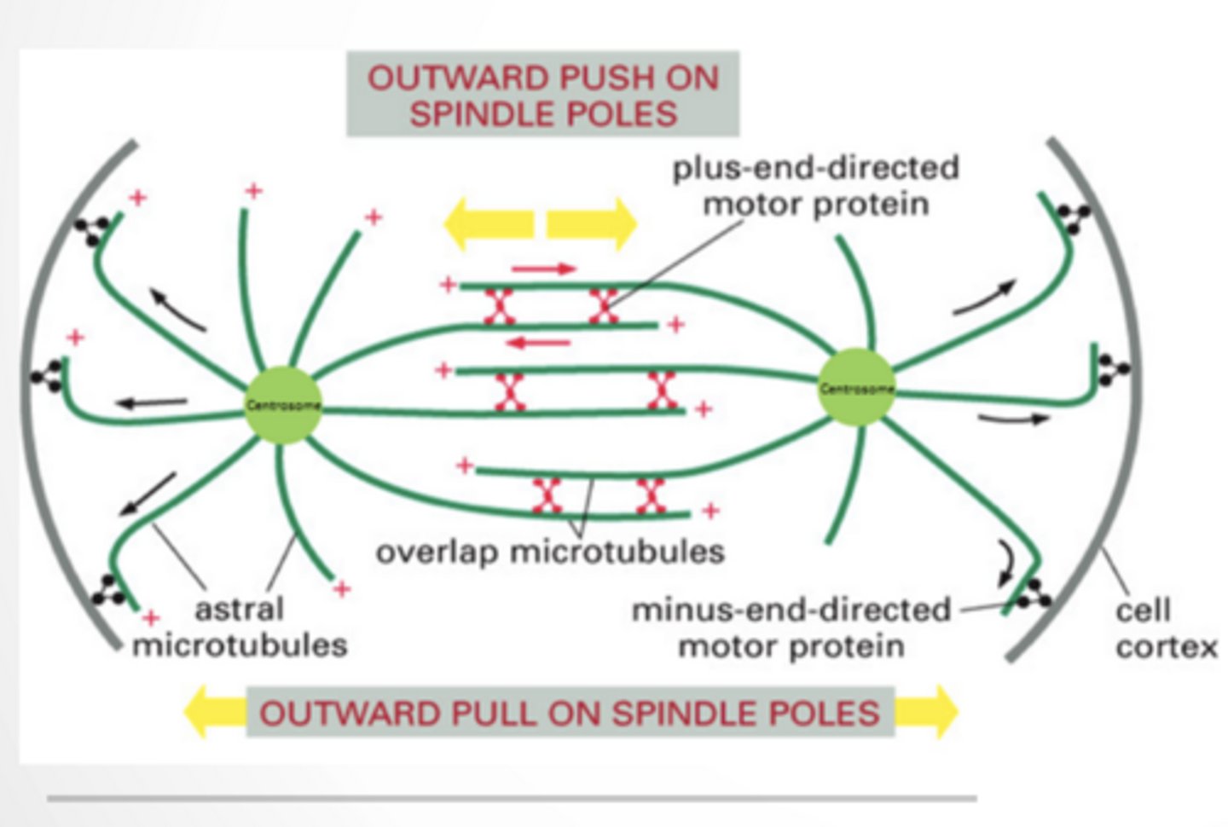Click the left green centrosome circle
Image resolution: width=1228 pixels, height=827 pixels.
click(283, 405)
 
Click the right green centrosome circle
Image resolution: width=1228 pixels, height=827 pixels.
click(856, 387)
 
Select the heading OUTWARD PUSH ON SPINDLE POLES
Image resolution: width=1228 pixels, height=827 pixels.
click(542, 95)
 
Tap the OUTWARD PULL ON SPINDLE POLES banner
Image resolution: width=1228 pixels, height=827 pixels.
click(570, 713)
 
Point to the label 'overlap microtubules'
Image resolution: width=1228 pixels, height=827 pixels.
click(550, 552)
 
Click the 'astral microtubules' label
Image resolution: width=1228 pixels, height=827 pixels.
click(240, 627)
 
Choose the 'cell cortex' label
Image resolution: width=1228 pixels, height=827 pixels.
click(1165, 628)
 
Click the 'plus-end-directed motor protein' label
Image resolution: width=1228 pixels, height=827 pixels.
click(815, 186)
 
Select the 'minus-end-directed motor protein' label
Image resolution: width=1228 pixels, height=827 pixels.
click(791, 627)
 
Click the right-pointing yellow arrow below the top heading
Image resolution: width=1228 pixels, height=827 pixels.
click(592, 223)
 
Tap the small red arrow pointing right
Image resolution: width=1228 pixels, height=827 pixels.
click(544, 269)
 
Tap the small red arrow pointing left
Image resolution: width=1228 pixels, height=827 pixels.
click(538, 343)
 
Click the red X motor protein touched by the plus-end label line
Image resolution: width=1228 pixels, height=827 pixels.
click(604, 306)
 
